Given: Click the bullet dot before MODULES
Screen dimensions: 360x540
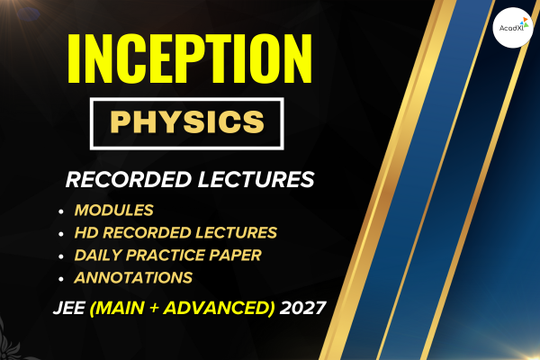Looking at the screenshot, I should (x=61, y=211).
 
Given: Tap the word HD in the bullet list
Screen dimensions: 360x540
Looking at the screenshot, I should (x=87, y=233).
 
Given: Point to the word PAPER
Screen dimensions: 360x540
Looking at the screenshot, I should (x=238, y=256).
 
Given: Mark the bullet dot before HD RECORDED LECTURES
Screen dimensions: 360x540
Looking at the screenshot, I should (x=61, y=234).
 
